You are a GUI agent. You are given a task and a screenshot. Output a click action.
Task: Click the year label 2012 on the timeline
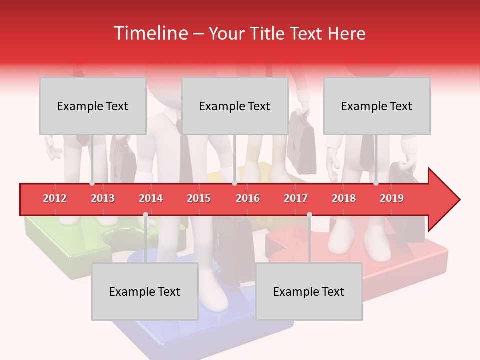pyautogui.click(x=55, y=199)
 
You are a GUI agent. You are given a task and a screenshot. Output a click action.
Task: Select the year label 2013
pyautogui.click(x=103, y=199)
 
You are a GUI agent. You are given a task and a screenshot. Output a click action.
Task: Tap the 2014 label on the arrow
pyautogui.click(x=151, y=199)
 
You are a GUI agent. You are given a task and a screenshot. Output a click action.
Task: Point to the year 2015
pyautogui.click(x=199, y=199)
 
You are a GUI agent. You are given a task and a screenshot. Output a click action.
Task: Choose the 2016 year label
pyautogui.click(x=248, y=199)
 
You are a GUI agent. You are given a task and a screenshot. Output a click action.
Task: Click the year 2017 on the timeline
pyautogui.click(x=296, y=199)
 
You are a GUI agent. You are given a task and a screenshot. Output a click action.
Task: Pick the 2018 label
pyautogui.click(x=344, y=199)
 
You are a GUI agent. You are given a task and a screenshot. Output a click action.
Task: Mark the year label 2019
pyautogui.click(x=392, y=199)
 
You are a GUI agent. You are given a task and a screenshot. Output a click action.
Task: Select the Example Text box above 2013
pyautogui.click(x=93, y=106)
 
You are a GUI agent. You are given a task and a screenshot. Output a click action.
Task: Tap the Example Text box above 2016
pyautogui.click(x=235, y=106)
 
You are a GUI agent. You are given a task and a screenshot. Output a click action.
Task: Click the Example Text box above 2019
pyautogui.click(x=377, y=106)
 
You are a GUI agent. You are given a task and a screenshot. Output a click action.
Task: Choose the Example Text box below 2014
pyautogui.click(x=145, y=292)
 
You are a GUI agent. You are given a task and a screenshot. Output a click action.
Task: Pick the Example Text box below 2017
pyautogui.click(x=309, y=292)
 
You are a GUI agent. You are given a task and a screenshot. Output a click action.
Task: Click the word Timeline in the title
pyautogui.click(x=150, y=33)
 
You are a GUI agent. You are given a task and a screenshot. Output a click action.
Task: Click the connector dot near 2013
pyautogui.click(x=92, y=183)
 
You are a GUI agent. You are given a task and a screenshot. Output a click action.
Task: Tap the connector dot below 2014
pyautogui.click(x=146, y=214)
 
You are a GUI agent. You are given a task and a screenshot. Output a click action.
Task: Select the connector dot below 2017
pyautogui.click(x=309, y=214)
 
